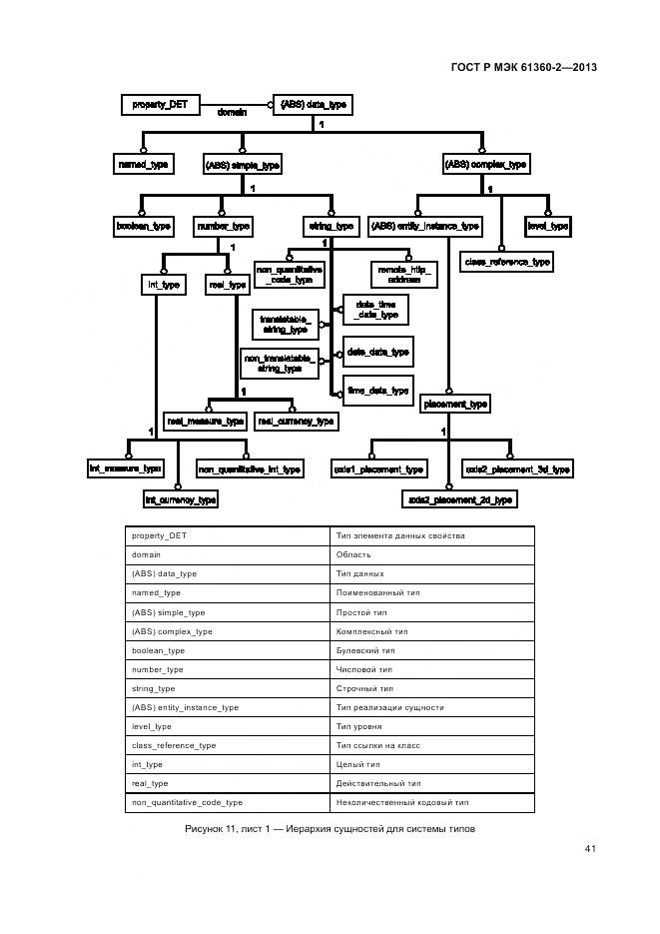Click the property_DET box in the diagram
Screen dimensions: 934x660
point(160,104)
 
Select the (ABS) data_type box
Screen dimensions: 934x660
point(314,104)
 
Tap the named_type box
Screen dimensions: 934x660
point(143,164)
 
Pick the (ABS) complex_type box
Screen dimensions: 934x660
point(485,164)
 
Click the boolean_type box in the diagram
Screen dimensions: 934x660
point(144,227)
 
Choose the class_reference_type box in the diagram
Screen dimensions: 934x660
point(506,262)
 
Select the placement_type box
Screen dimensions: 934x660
point(455,404)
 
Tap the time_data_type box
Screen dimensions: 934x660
point(377,391)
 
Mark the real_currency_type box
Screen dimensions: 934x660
point(296,422)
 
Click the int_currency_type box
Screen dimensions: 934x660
point(181,499)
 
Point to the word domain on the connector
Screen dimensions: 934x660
point(233,113)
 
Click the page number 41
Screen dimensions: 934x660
point(590,849)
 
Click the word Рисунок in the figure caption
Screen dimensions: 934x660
point(207,829)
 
